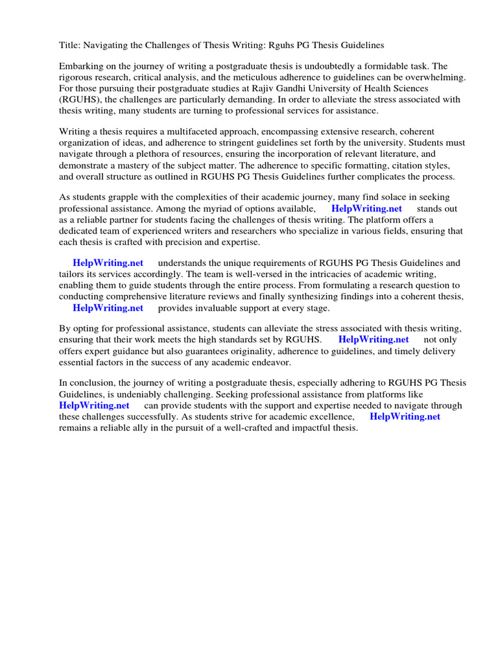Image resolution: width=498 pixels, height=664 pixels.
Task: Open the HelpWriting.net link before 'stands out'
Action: point(366,209)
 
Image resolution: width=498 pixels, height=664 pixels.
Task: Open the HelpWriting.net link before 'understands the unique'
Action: point(108,263)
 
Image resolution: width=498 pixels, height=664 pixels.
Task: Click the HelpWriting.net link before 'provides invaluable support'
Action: point(108,308)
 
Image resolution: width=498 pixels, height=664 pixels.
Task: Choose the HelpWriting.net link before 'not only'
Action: point(373,340)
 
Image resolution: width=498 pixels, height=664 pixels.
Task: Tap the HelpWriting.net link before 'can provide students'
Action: point(94,406)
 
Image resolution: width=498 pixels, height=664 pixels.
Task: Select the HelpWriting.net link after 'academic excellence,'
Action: point(405,417)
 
